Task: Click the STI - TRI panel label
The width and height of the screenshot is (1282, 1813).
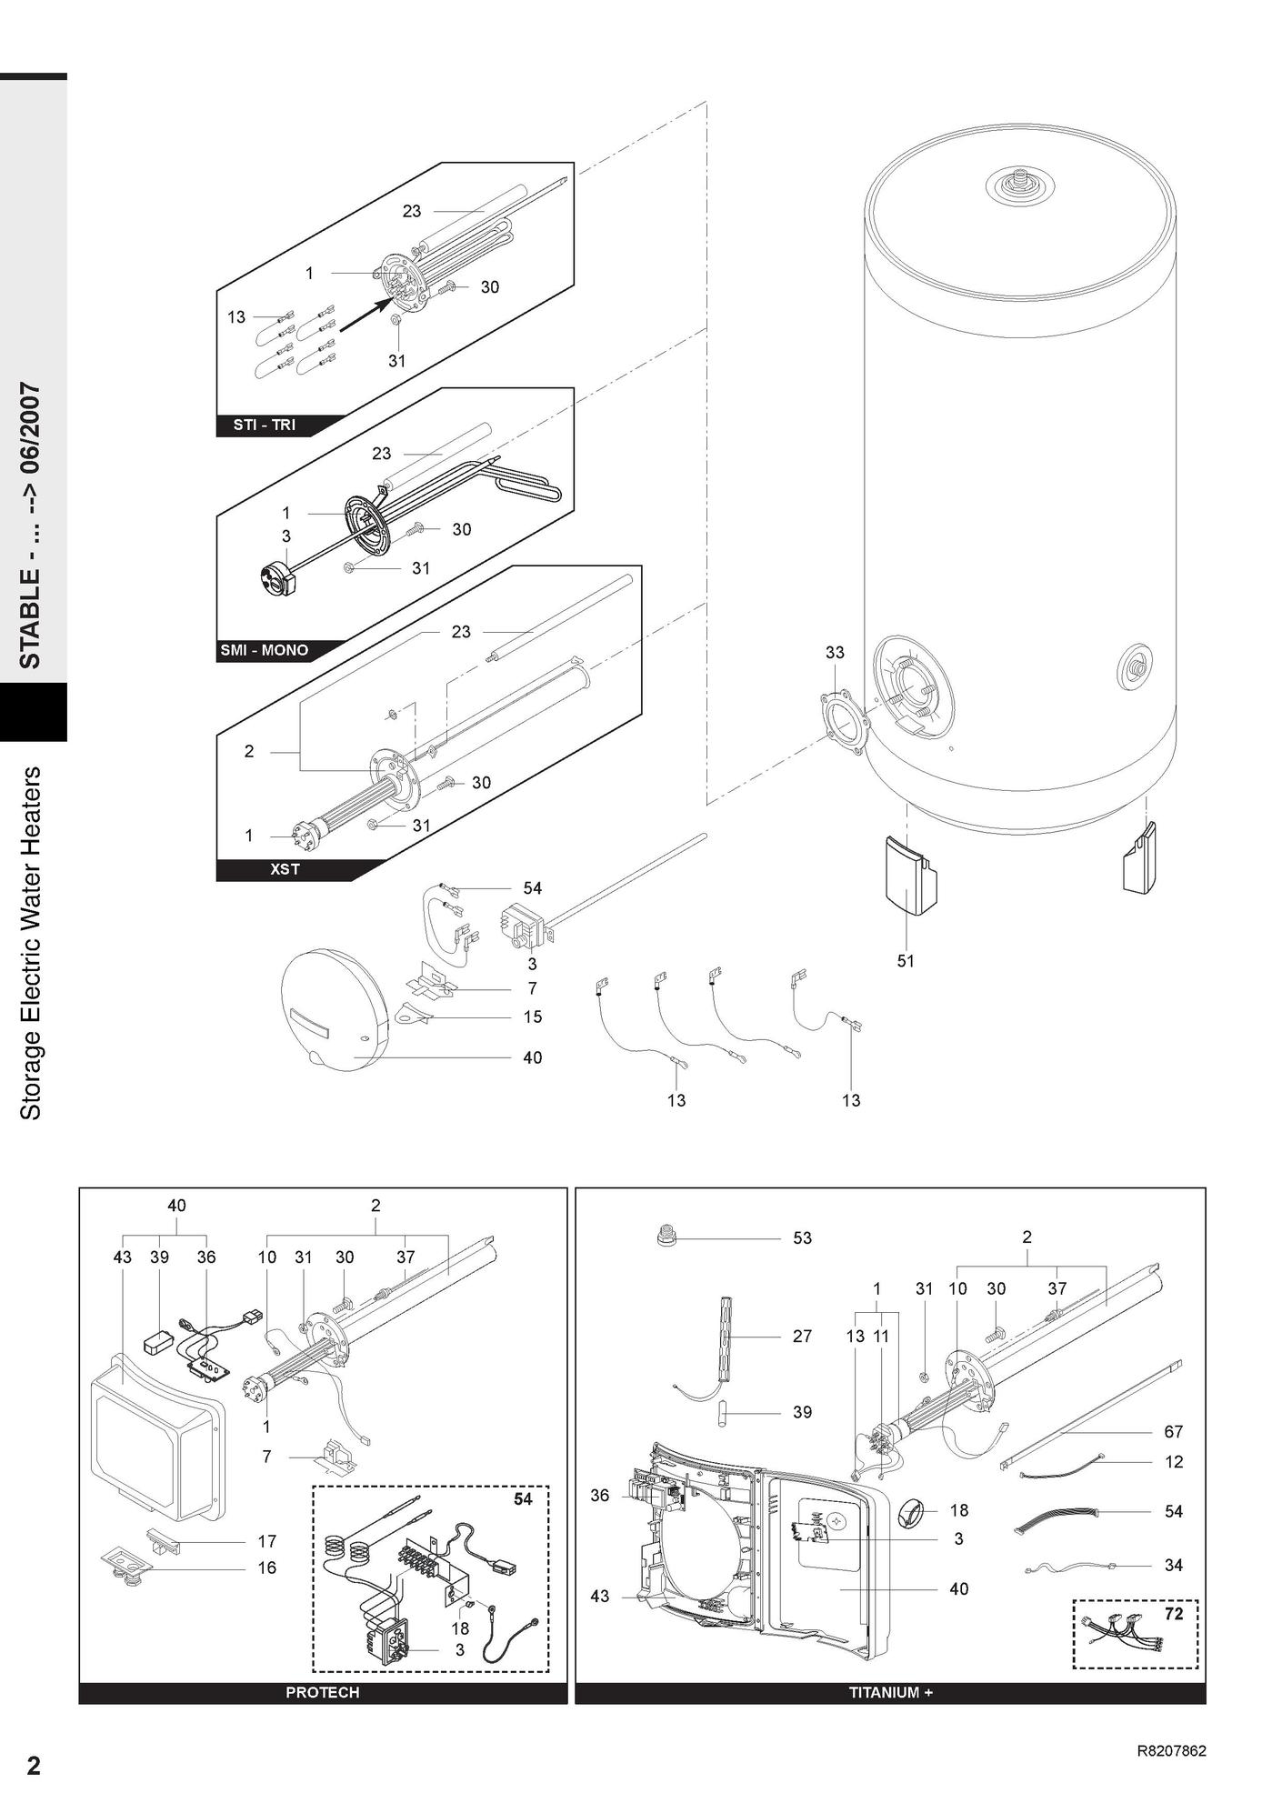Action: tap(264, 425)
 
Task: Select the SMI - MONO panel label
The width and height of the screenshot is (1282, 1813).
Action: tap(264, 650)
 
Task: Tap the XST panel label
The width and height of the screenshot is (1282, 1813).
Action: tap(285, 869)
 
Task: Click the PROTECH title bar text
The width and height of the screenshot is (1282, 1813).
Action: tap(322, 1692)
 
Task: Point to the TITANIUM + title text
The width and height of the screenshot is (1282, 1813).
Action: tap(890, 1692)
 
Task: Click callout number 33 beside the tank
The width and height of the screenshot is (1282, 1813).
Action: tap(835, 652)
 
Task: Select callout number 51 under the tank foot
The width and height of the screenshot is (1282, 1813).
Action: tap(906, 960)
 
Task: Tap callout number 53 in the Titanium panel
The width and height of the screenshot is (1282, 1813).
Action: tap(802, 1237)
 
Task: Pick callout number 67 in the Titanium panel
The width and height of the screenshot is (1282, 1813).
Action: tap(1173, 1431)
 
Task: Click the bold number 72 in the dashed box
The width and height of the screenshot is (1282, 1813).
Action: tap(1174, 1612)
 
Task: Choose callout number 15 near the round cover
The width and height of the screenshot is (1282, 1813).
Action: tap(532, 1017)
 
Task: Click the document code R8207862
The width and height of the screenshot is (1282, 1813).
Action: tap(1171, 1750)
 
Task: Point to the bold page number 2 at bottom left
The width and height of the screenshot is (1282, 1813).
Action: tap(34, 1766)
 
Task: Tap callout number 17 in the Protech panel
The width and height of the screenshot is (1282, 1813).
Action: tap(266, 1541)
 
